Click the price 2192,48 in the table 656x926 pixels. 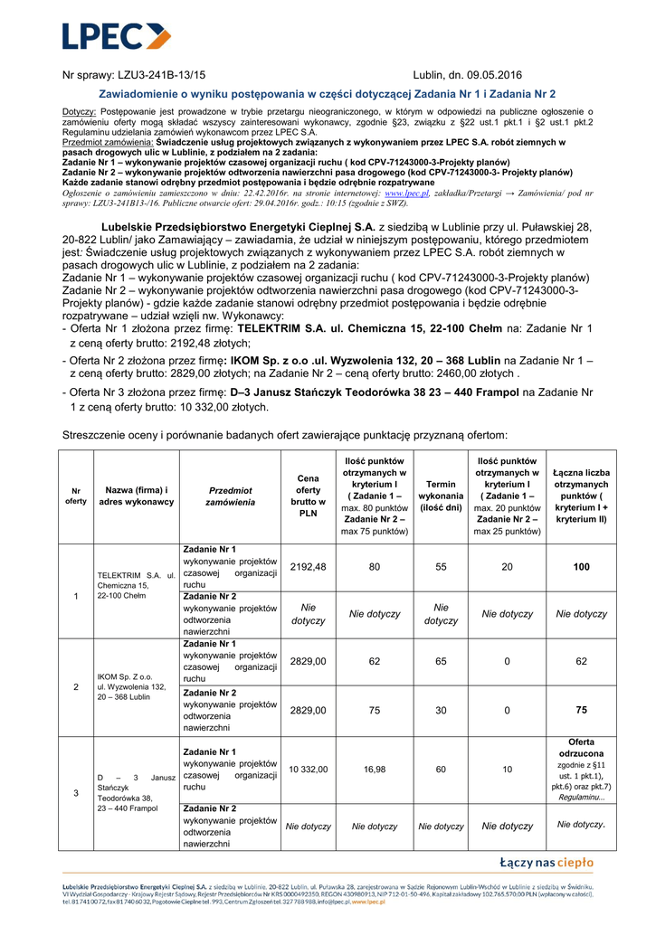pos(308,566)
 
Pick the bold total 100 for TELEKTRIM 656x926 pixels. pos(581,567)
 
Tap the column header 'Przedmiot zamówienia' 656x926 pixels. pos(230,496)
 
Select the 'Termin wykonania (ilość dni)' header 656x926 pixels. pos(441,496)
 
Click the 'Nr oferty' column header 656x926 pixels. pos(76,496)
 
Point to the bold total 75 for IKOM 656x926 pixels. pos(581,710)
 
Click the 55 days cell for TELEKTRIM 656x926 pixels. pos(441,567)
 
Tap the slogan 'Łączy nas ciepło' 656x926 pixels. pos(547,863)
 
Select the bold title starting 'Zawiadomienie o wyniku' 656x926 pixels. pos(327,94)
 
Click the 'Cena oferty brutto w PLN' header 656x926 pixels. pos(308,496)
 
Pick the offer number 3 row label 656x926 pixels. pos(76,793)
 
